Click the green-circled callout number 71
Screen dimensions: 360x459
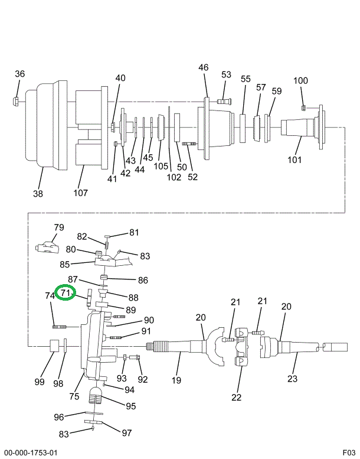pyautogui.click(x=65, y=292)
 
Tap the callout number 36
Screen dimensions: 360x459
pyautogui.click(x=20, y=74)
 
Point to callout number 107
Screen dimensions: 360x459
pyautogui.click(x=80, y=193)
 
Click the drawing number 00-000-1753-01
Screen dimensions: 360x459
pyautogui.click(x=31, y=453)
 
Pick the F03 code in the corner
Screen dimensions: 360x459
pyautogui.click(x=349, y=452)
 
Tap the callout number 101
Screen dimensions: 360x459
pyautogui.click(x=294, y=159)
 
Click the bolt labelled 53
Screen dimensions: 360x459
pyautogui.click(x=224, y=101)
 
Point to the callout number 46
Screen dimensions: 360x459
pyautogui.click(x=203, y=67)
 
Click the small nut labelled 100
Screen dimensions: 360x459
pyautogui.click(x=303, y=108)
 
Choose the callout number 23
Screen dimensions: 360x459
pyautogui.click(x=293, y=379)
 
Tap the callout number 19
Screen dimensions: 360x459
pyautogui.click(x=176, y=380)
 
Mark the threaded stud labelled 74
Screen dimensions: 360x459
pyautogui.click(x=60, y=327)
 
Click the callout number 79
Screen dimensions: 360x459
pyautogui.click(x=59, y=227)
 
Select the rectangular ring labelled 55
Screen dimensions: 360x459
pyautogui.click(x=243, y=129)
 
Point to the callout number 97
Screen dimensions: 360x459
pyautogui.click(x=127, y=432)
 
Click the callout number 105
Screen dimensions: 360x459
pyautogui.click(x=161, y=166)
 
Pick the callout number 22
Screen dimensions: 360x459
pyautogui.click(x=236, y=397)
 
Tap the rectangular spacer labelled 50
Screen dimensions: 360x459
pyautogui.click(x=177, y=128)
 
